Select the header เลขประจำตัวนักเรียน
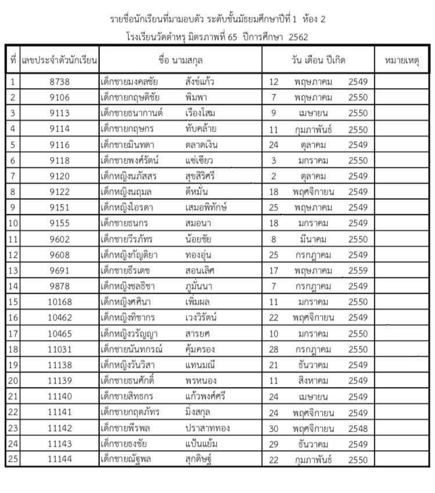pyautogui.click(x=60, y=60)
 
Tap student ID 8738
pyautogui.click(x=60, y=82)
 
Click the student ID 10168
pyautogui.click(x=60, y=302)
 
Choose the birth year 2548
pyautogui.click(x=358, y=428)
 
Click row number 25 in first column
pyautogui.click(x=12, y=459)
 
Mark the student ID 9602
pyautogui.click(x=60, y=239)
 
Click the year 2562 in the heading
pyautogui.click(x=296, y=36)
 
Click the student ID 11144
pyautogui.click(x=60, y=459)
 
